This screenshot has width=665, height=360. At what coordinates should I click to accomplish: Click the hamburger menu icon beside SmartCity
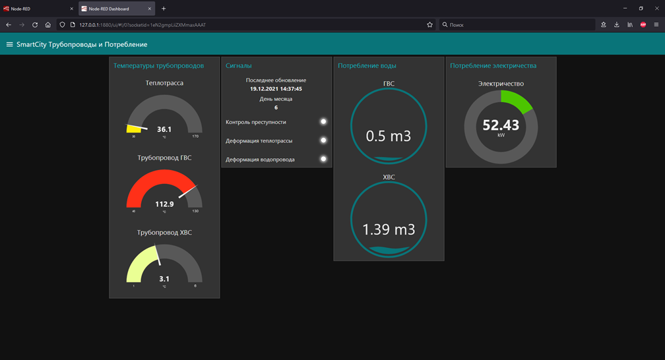9,45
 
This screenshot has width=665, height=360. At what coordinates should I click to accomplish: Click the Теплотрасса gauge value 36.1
164,129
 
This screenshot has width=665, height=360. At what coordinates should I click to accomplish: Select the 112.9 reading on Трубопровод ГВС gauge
164,204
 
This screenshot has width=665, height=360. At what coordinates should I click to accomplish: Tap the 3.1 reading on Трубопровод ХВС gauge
164,279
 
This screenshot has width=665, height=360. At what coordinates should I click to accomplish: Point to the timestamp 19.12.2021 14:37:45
276,88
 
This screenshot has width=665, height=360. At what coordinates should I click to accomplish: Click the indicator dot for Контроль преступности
323,122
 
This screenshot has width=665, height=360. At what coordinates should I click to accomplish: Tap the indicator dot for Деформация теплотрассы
323,140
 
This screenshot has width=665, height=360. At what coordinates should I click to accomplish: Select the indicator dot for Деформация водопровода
323,159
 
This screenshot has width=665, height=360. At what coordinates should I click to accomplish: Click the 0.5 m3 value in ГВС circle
389,136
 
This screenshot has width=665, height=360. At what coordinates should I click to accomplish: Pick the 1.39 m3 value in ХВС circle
389,229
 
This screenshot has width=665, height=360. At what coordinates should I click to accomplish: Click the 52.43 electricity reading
501,125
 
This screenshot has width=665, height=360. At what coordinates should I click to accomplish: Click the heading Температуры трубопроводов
158,66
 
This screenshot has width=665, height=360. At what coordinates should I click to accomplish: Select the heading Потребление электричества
493,66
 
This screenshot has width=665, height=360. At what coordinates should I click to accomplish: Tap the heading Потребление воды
367,66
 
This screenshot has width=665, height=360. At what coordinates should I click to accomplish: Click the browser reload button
35,24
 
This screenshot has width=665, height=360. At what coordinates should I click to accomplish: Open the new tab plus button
164,9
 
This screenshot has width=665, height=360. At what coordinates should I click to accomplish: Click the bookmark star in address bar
429,24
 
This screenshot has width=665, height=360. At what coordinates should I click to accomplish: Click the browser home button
48,24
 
